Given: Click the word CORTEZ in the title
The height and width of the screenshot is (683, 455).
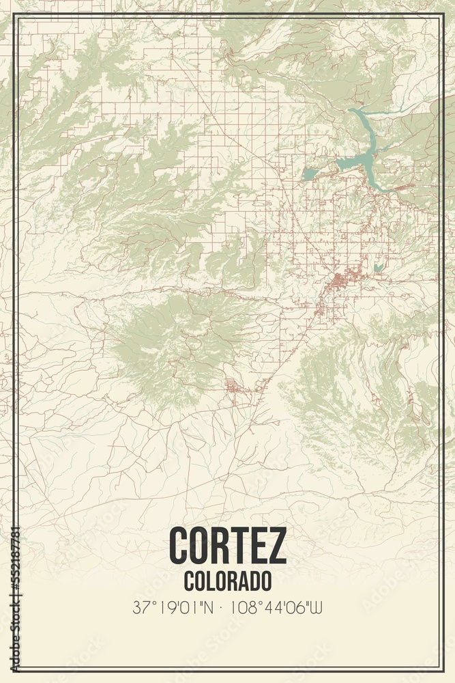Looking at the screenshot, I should click(x=227, y=546).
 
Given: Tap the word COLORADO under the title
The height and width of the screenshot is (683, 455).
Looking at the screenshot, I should click(x=227, y=581).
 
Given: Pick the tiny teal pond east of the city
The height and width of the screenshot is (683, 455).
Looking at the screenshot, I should click(x=377, y=268).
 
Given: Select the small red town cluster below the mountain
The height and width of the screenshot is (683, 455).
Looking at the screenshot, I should click(x=234, y=389).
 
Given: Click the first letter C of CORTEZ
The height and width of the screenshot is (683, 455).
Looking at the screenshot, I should click(x=179, y=546).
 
